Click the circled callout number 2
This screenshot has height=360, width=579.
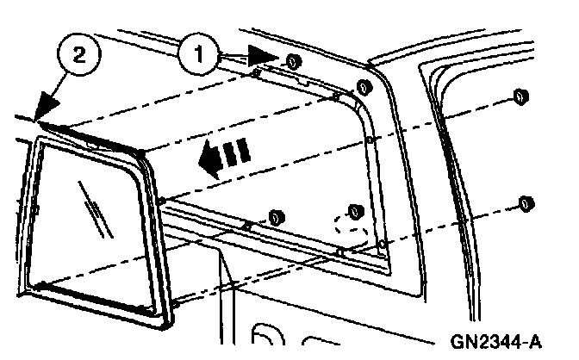(78, 55)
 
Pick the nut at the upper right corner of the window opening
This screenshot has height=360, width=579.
(363, 86)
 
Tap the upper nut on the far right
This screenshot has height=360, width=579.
(520, 96)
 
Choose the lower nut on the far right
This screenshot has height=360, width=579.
(524, 203)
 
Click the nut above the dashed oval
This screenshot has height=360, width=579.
(352, 212)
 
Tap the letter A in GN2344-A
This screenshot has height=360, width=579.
(536, 342)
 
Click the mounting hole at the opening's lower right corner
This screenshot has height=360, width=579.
(381, 244)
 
